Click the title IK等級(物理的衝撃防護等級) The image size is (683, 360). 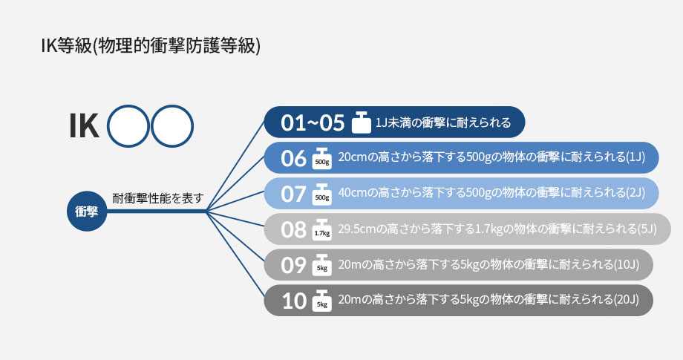click(x=151, y=46)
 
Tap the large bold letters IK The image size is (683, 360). click(x=84, y=125)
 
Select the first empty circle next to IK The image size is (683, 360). click(x=128, y=125)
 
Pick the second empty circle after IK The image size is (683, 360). click(x=172, y=125)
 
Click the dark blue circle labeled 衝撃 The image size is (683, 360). click(x=87, y=211)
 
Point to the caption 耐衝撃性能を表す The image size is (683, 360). click(x=157, y=198)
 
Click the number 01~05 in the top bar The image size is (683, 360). click(x=313, y=122)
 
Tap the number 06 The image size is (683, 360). click(x=293, y=158)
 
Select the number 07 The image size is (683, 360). click(x=293, y=194)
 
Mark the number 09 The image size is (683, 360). click(x=293, y=265)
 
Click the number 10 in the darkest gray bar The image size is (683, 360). click(x=294, y=301)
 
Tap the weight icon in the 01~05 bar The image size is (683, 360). click(x=361, y=122)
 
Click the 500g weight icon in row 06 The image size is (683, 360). click(x=322, y=158)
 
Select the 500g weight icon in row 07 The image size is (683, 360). click(x=322, y=194)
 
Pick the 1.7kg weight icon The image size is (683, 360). click(x=322, y=229)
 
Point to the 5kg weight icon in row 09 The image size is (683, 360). click(x=322, y=265)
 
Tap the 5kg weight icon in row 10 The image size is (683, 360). click(x=322, y=301)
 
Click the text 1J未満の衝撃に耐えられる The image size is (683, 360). click(x=443, y=122)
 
